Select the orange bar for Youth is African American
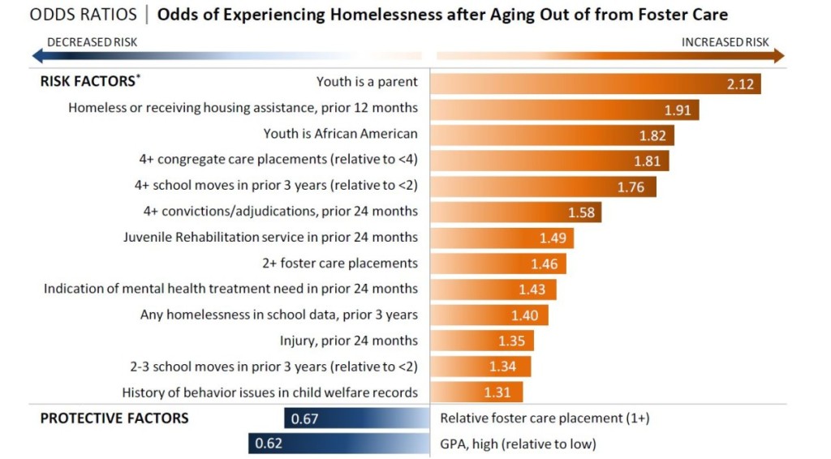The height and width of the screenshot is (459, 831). (552, 135)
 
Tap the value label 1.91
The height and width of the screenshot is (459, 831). (678, 109)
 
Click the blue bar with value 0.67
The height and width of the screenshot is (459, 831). (357, 418)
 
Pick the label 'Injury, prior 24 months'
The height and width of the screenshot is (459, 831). (349, 341)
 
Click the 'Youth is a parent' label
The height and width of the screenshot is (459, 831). (367, 82)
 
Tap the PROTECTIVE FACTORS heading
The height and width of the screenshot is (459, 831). (114, 418)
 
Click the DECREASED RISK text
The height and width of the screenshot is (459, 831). (91, 42)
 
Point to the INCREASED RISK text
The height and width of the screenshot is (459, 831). (725, 42)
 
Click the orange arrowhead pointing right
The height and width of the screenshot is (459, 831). (779, 55)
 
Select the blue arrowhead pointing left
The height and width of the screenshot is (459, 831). (37, 55)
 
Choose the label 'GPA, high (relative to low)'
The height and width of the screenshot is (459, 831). (518, 444)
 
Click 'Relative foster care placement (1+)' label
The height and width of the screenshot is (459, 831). (545, 418)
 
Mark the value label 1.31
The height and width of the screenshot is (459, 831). (497, 393)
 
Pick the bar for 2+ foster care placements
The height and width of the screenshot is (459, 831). (498, 264)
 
